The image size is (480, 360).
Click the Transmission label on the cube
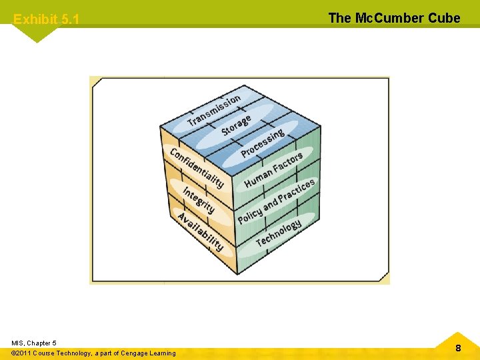click(x=214, y=111)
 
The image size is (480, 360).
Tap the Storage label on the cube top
click(x=236, y=125)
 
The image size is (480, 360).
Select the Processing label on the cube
click(x=262, y=143)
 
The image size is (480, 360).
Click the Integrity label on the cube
click(x=199, y=200)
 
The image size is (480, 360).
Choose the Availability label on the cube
click(x=200, y=231)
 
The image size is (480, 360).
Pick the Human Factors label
click(x=273, y=170)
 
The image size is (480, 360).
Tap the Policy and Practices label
click(x=276, y=201)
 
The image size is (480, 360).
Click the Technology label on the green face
click(x=278, y=232)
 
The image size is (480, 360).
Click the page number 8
click(x=458, y=347)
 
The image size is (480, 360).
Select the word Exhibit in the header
click(x=35, y=19)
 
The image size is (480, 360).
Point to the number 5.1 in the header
click(x=69, y=19)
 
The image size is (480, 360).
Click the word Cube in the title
click(x=444, y=18)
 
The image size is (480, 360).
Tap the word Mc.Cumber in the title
click(x=389, y=18)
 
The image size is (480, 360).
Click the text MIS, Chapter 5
click(x=33, y=343)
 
